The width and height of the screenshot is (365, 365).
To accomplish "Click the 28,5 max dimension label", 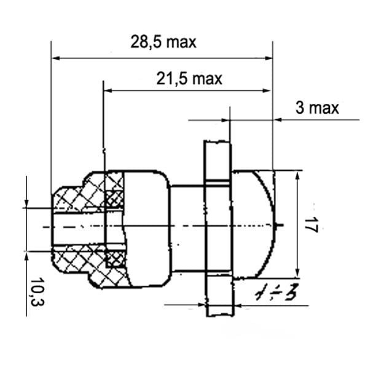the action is tap(163, 42).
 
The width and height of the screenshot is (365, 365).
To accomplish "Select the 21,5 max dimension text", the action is tap(189, 79).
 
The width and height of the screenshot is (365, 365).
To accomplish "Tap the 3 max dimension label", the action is tap(317, 108).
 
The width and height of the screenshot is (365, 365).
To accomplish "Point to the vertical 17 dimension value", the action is tap(311, 225).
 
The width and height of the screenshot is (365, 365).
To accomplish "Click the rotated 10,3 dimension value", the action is tap(37, 292).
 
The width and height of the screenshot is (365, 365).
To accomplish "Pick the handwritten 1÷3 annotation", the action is tap(277, 291).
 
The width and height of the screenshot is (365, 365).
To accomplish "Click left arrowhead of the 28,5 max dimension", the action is tap(56, 58).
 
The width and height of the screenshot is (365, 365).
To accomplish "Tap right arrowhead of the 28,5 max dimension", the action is tap(268, 58).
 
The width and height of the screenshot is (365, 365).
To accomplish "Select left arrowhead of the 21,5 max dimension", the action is tap(108, 90).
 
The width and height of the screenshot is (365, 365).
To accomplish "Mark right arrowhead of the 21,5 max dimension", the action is tap(266, 90).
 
